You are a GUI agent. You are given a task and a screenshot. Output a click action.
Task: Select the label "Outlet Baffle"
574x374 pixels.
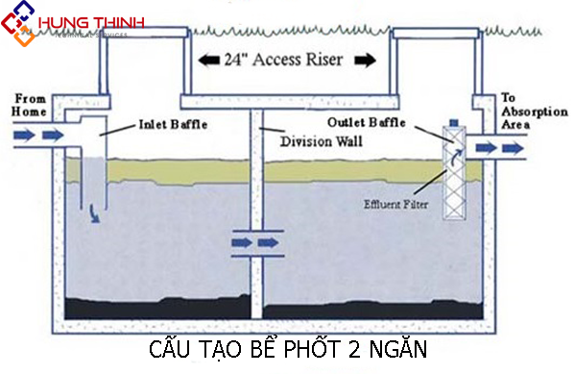tap(368, 122)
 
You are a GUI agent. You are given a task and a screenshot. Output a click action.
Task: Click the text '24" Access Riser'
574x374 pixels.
tap(284, 60)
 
